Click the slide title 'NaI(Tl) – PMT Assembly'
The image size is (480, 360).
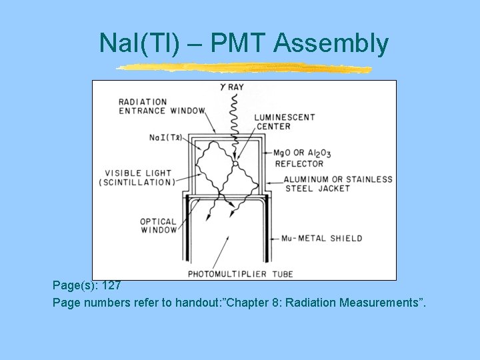(243, 43)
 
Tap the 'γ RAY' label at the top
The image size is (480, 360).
(233, 86)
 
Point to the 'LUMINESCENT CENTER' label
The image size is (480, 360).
(284, 121)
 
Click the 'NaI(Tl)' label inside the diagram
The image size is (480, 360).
(165, 137)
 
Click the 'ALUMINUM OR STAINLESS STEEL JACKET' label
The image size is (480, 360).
(337, 183)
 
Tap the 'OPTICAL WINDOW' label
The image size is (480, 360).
(158, 225)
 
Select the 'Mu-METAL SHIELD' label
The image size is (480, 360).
(321, 238)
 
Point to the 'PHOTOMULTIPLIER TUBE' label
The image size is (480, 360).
(240, 273)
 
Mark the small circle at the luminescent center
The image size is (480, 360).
(235, 163)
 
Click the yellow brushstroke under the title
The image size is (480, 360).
(243, 67)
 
